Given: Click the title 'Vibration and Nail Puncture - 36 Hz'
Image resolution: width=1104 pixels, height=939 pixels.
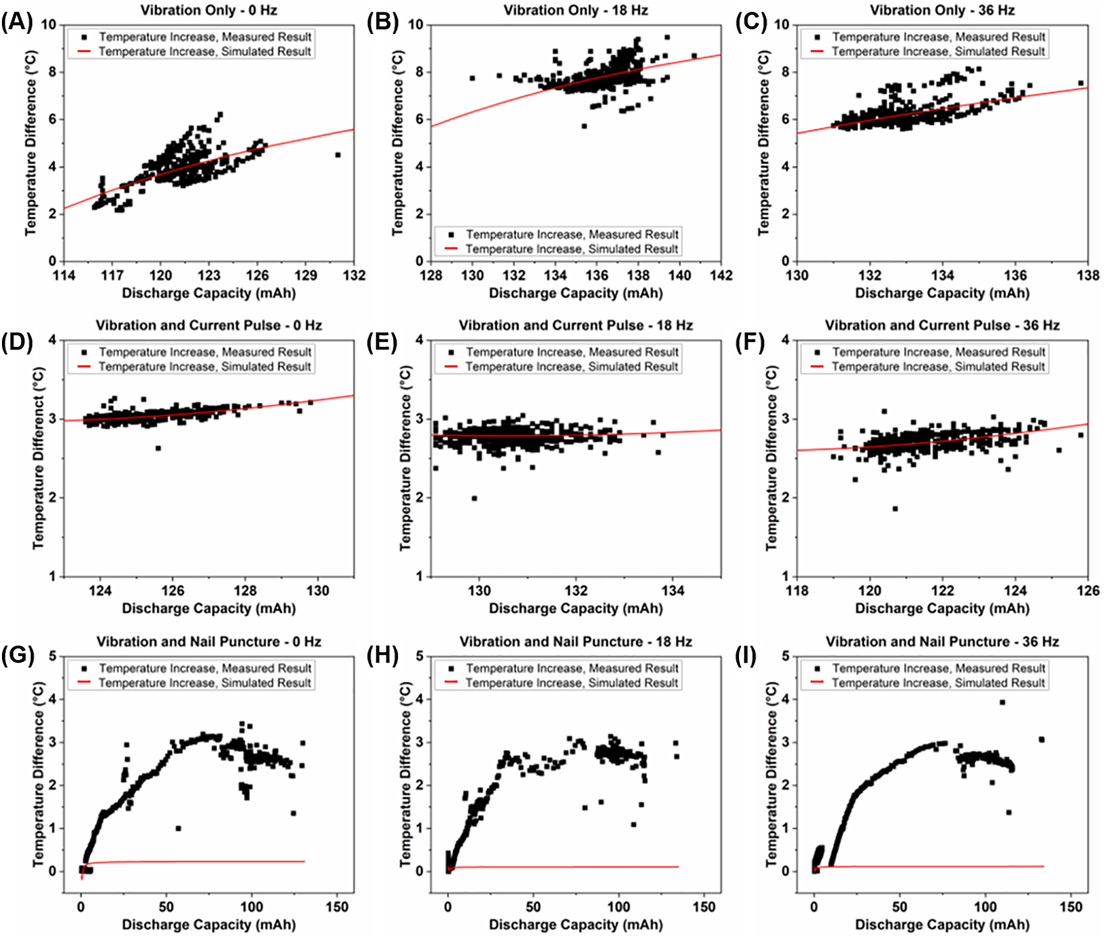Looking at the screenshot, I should (942, 641).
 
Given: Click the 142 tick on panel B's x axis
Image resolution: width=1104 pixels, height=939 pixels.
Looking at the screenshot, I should (721, 275).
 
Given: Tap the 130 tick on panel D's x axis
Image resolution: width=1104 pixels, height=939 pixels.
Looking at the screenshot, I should (317, 591).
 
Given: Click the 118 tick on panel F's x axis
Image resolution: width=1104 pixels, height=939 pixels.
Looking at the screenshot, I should (797, 591).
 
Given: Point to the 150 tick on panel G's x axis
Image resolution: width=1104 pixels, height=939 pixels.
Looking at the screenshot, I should (337, 907).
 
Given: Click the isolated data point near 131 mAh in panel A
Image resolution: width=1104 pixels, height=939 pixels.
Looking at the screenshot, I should (338, 155).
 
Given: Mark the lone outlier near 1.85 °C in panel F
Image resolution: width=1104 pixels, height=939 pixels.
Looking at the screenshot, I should (895, 509).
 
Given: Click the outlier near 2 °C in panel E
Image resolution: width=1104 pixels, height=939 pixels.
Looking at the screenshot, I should (474, 499).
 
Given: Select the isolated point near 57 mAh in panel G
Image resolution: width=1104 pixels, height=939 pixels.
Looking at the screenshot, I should (178, 828).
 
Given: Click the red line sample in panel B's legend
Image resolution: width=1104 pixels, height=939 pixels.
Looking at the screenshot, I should (451, 249).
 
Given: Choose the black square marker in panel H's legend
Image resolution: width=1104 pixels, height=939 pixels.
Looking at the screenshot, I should (451, 669).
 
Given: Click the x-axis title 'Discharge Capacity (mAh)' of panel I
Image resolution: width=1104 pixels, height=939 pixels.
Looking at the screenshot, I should (942, 924).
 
